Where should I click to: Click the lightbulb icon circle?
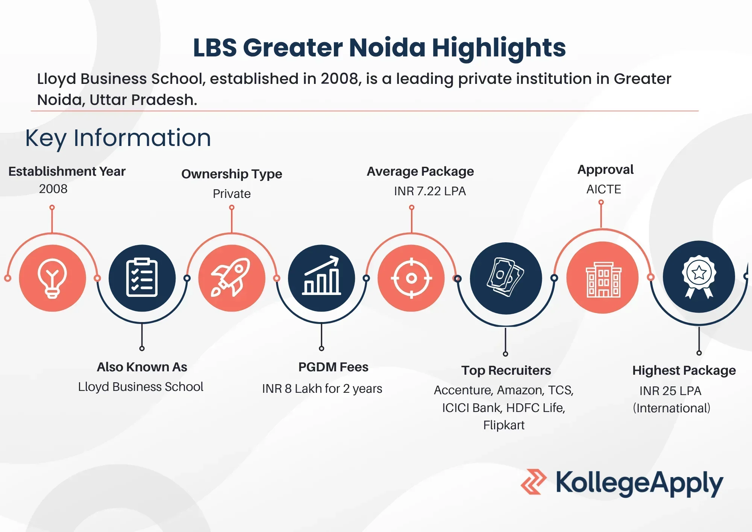(52, 278)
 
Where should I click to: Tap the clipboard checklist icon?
(142, 278)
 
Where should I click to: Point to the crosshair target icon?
(411, 278)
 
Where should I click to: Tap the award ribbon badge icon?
(699, 277)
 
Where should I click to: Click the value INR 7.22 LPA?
(430, 191)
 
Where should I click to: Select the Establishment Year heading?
(67, 171)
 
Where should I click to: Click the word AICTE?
(604, 189)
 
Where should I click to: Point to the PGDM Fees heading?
(333, 367)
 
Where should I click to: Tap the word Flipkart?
(504, 425)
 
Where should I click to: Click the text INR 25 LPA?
(670, 391)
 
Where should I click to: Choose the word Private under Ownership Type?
(232, 193)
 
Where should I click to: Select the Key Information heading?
(118, 138)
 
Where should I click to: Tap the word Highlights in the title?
(499, 48)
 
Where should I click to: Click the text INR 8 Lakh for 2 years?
(322, 389)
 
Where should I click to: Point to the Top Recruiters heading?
(506, 371)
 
